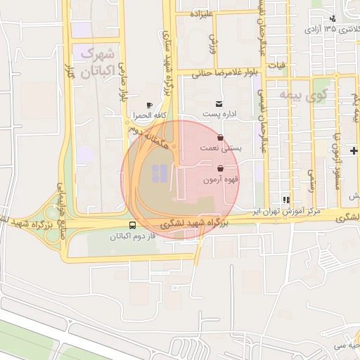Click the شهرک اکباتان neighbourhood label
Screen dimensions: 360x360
click(97, 61)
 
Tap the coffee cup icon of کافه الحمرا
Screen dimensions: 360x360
click(149, 105)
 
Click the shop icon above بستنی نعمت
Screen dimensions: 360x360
click(221, 138)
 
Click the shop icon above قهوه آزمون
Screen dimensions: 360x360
click(221, 169)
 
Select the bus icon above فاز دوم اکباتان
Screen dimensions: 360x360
click(133, 226)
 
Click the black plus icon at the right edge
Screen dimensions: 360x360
click(354, 150)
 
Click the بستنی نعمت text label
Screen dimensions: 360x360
click(227, 148)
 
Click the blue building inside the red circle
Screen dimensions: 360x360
click(159, 172)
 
